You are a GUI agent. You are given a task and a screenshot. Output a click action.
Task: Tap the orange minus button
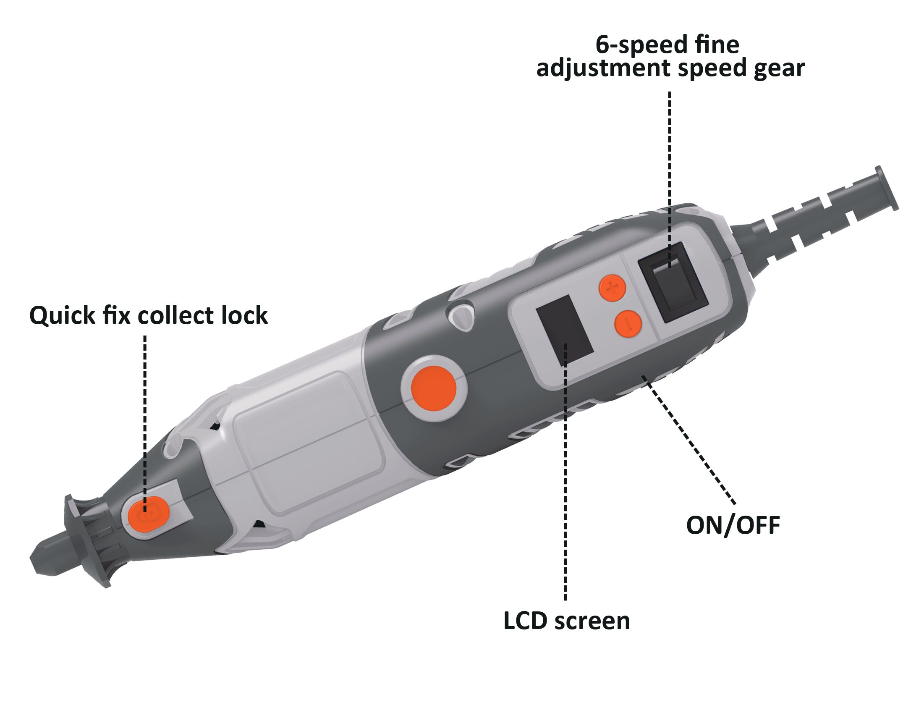point(628,324)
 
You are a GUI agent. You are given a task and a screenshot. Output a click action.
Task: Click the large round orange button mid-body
point(434,388)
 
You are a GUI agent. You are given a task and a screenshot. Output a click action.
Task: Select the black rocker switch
point(673,282)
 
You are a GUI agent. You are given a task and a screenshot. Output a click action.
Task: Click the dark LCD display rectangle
point(564,330)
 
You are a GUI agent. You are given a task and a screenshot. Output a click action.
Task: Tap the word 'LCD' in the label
point(526,621)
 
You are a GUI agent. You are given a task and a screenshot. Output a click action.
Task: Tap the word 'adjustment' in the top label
point(603,68)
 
